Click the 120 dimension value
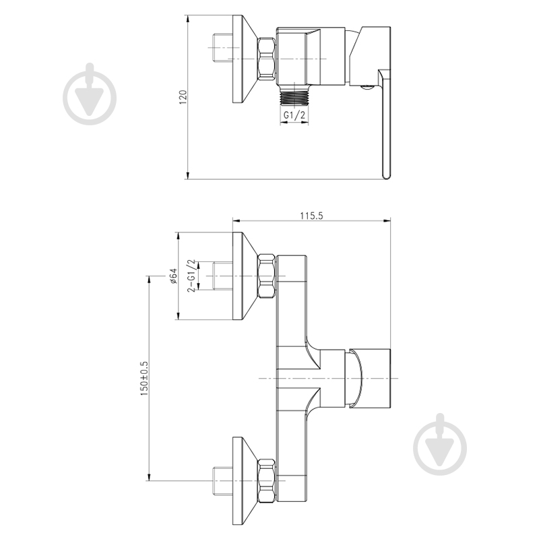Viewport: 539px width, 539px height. point(183,97)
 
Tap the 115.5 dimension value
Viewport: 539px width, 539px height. point(311,216)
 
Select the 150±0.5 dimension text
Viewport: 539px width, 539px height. point(144,378)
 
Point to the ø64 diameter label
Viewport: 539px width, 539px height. point(173,276)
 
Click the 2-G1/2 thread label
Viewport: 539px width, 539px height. point(192,276)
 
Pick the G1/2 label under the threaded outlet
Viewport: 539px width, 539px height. point(294,115)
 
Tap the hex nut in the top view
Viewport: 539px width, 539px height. point(266,59)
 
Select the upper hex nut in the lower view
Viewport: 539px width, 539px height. point(267,276)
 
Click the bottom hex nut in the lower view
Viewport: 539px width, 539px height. point(267,480)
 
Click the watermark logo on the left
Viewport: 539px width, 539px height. point(90,94)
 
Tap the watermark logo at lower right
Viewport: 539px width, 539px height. point(440,445)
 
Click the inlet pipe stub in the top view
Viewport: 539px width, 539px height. point(223,49)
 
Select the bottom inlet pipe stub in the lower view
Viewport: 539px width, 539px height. point(223,480)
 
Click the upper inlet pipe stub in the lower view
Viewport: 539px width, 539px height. point(223,276)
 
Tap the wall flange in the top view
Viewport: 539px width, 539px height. point(245,59)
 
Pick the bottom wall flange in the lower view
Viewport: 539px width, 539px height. point(245,480)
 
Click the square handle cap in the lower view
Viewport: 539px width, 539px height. point(370,379)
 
